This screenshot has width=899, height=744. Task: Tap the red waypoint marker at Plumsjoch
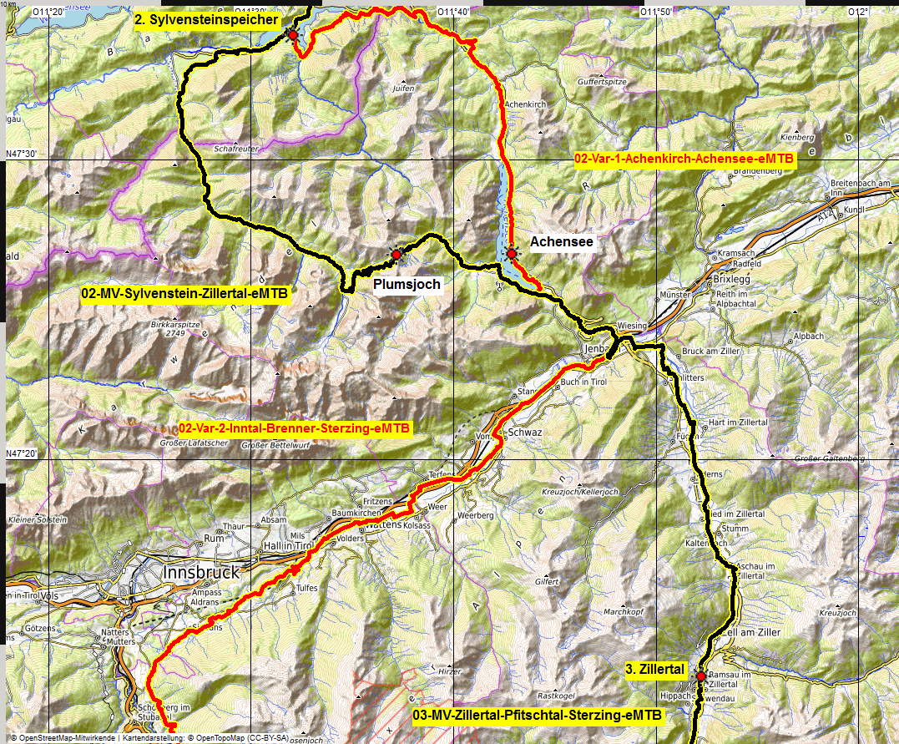[396, 254]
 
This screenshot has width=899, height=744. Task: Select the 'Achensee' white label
[562, 242]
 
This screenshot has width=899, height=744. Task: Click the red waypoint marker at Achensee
[511, 251]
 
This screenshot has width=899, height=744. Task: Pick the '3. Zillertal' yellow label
[655, 669]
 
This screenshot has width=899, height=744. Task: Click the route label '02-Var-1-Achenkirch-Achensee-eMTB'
[684, 157]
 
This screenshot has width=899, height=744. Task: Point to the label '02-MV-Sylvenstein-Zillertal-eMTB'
[184, 294]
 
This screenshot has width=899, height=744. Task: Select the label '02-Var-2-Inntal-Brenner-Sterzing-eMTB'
[295, 428]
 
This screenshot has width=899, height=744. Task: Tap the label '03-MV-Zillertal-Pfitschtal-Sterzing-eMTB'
[537, 716]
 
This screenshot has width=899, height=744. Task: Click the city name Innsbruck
[200, 573]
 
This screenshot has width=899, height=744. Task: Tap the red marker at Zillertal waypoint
[701, 676]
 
